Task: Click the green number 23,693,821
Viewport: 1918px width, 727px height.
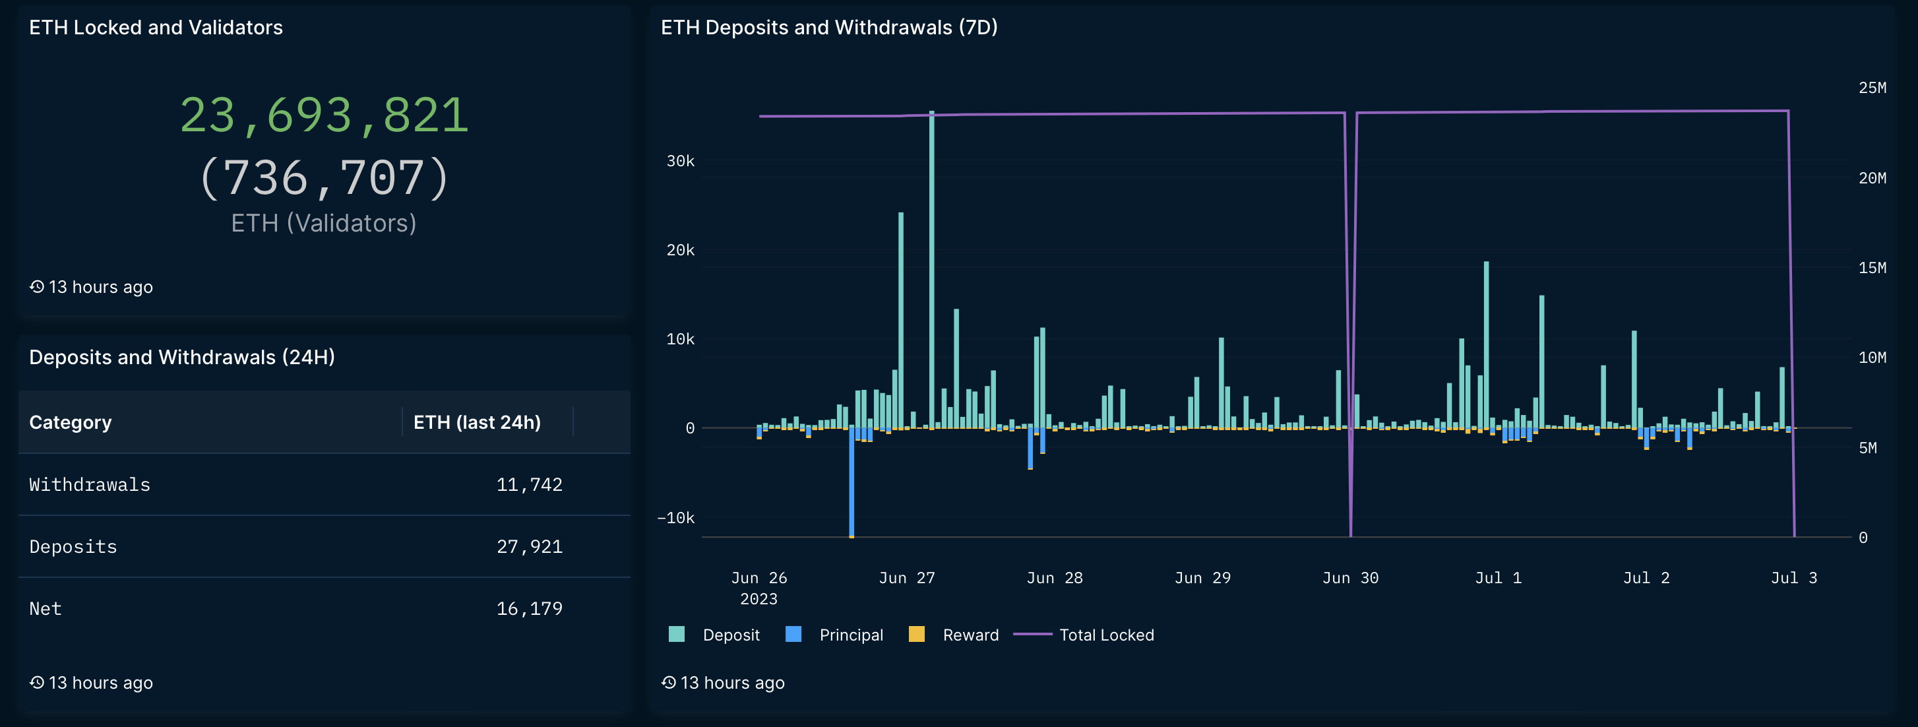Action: coord(325,115)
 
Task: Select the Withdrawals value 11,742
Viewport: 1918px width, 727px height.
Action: coord(529,485)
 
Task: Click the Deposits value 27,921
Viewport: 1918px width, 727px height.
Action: coord(529,547)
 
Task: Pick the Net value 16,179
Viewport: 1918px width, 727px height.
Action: coord(529,608)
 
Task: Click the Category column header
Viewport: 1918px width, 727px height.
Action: coord(70,422)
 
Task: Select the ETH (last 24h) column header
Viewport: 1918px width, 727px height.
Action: coord(476,422)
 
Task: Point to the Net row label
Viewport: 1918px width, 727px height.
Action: coord(46,608)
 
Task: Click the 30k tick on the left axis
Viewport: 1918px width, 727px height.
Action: coord(680,161)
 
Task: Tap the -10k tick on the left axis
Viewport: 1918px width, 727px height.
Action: coord(675,518)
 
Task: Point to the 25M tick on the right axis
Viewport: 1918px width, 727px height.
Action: coord(1872,88)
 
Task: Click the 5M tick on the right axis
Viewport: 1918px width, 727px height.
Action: coord(1867,448)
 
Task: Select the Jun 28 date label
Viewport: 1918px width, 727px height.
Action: coord(1054,578)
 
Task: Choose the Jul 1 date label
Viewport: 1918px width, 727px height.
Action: coord(1498,578)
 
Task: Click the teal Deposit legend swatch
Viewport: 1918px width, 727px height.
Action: coord(676,635)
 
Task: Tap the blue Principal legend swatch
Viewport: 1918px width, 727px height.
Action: coord(793,635)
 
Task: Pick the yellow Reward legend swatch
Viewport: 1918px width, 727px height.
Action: coord(917,635)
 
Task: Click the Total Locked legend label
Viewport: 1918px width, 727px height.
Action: coord(1107,635)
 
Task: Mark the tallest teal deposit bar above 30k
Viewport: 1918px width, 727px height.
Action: coord(931,268)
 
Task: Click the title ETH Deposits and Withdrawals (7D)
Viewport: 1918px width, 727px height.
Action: coord(828,28)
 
